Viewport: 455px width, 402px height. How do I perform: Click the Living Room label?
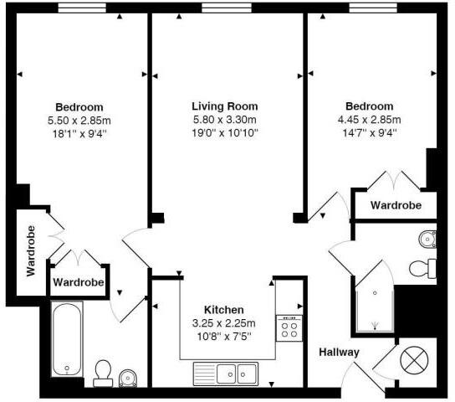(x=225, y=106)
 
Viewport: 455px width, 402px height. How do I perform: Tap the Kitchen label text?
(x=223, y=310)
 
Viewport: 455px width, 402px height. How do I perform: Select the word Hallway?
(x=339, y=353)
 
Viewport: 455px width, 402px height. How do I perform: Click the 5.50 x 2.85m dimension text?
(x=79, y=121)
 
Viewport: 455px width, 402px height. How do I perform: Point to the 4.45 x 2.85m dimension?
(x=370, y=120)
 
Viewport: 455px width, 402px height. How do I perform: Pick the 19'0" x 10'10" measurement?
(x=225, y=133)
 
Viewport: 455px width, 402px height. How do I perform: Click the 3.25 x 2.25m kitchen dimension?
(x=223, y=323)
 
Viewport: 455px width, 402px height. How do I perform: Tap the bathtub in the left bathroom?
(x=67, y=339)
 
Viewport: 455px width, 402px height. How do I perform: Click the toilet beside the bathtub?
(x=103, y=374)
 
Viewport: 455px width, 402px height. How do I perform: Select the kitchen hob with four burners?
(x=289, y=328)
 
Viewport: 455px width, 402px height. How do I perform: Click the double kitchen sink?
(x=226, y=374)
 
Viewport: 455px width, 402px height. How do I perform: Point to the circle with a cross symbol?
(x=414, y=360)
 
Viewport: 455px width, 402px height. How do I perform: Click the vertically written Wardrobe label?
(x=31, y=250)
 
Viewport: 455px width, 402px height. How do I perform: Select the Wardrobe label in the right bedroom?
(x=396, y=205)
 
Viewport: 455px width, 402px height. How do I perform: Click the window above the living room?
(x=227, y=8)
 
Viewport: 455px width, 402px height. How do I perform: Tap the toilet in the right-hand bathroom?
(x=422, y=269)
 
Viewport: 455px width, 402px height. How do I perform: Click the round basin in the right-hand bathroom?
(x=427, y=240)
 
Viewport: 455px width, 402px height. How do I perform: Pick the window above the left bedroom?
(x=82, y=8)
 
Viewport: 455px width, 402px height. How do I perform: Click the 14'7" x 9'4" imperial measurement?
(x=370, y=133)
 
